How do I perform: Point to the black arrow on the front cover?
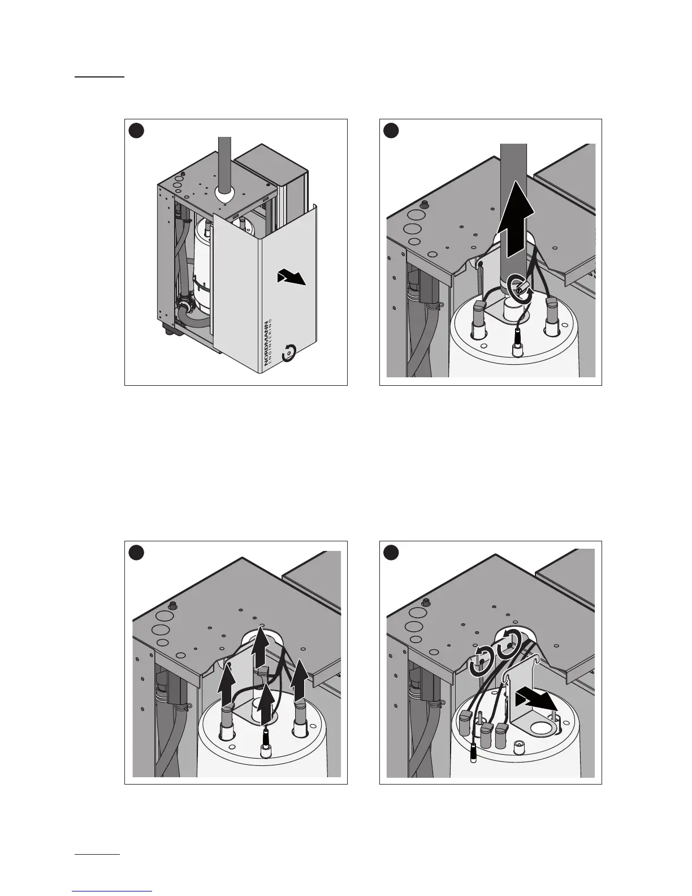coord(292,278)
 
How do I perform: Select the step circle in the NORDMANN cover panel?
coord(136,131)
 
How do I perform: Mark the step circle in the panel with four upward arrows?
coord(136,553)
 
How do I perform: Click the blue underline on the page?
coord(113,891)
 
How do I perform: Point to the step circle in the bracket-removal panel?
coord(391,553)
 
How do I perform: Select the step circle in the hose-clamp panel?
coord(391,131)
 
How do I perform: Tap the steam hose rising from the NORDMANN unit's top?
coord(225,164)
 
